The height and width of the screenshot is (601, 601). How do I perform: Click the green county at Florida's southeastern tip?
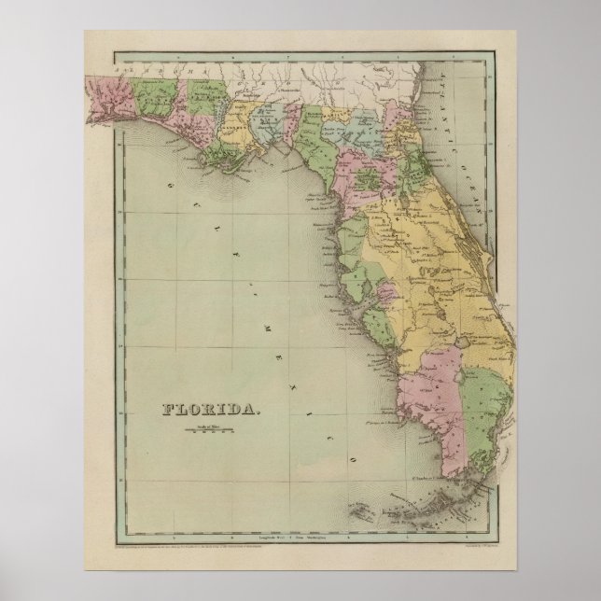(x=485, y=411)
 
